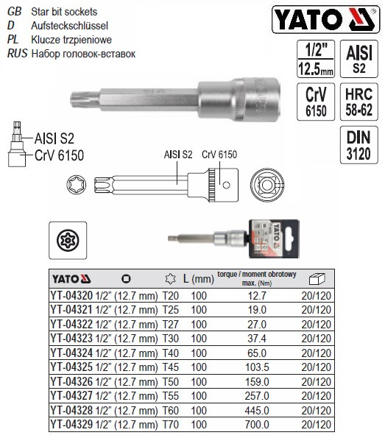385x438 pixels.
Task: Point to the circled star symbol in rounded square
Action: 71,239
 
